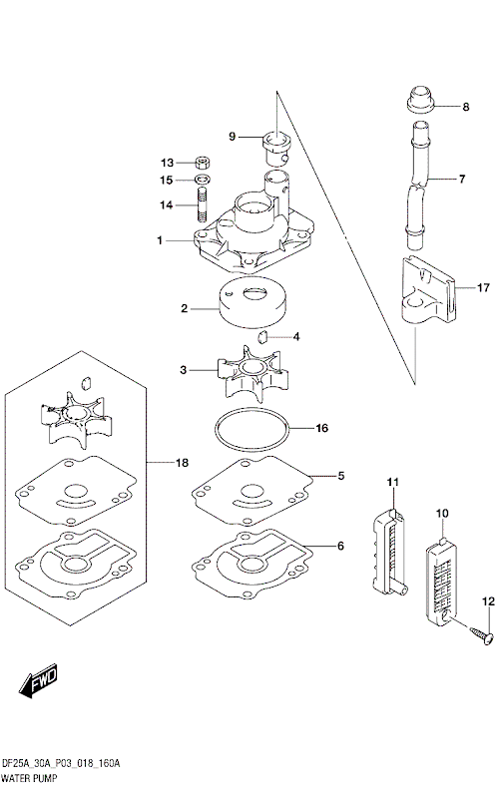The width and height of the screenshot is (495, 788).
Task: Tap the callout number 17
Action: [482, 286]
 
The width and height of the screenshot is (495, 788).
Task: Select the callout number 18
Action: [182, 463]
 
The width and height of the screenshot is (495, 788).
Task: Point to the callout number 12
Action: [489, 601]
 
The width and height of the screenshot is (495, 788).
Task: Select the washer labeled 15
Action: [201, 180]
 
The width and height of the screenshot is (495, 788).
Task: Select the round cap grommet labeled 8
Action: [419, 102]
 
